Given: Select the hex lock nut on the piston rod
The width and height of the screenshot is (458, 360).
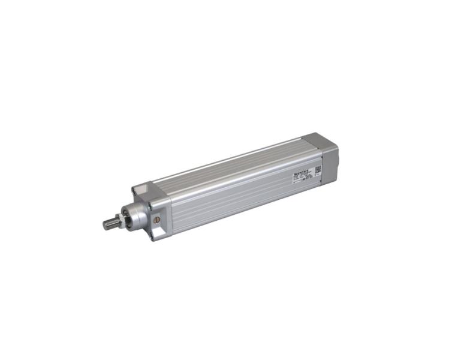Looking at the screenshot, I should point(120,219).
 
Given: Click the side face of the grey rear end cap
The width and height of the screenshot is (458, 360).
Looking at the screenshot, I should point(330,161).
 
